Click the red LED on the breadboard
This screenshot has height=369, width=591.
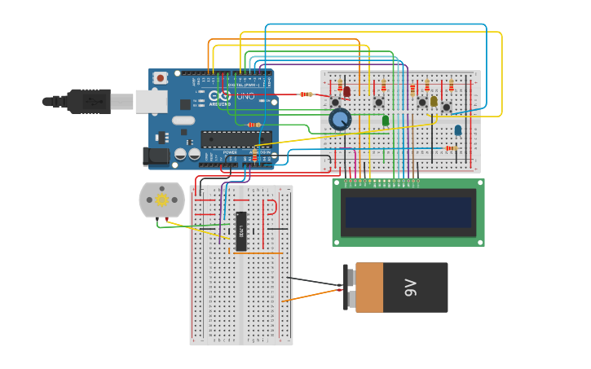347,91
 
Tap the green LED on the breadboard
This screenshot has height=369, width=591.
386,121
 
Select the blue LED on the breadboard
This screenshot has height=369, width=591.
458,130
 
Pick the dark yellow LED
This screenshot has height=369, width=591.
434,101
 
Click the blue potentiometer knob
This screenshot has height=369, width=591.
340,120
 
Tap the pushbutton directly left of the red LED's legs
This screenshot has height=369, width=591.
335,103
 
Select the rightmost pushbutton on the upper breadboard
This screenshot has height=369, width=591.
446,108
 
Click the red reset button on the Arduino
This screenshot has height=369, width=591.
161,78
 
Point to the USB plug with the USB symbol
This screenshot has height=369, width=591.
90,101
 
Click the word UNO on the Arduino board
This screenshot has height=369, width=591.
246,96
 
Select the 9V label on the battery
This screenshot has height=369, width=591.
411,288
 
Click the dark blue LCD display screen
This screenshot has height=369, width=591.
408,212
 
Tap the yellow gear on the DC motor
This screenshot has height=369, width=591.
161,200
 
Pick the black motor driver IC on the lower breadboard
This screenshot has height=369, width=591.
240,231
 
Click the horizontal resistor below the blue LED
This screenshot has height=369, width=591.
450,148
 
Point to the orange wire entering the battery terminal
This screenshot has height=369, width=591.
314,293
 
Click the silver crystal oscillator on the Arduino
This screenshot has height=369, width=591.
183,121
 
